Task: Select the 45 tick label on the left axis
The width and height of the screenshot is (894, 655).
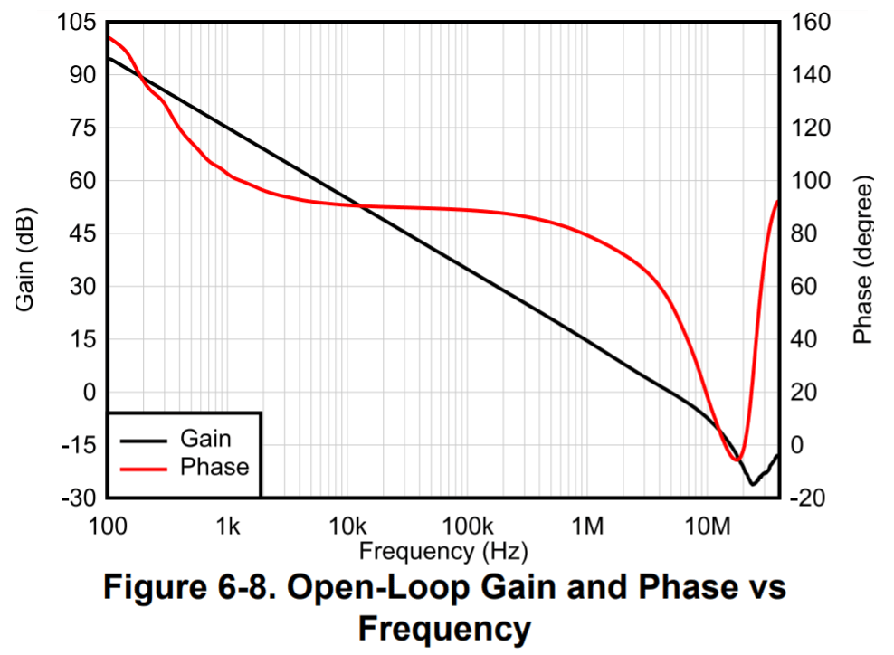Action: pyautogui.click(x=81, y=234)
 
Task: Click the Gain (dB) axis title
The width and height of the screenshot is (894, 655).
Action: pyautogui.click(x=26, y=260)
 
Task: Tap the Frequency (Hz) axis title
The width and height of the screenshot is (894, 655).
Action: pyautogui.click(x=443, y=550)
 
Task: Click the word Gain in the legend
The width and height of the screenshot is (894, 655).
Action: pyautogui.click(x=205, y=439)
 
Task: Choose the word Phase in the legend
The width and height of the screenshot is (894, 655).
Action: pyautogui.click(x=214, y=467)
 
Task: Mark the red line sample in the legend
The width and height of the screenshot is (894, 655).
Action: pyautogui.click(x=143, y=468)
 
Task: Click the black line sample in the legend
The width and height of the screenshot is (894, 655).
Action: pyautogui.click(x=143, y=440)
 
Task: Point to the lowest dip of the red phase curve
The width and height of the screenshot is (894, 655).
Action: pyautogui.click(x=737, y=460)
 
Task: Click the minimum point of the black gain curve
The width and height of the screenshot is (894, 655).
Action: pyautogui.click(x=752, y=484)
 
